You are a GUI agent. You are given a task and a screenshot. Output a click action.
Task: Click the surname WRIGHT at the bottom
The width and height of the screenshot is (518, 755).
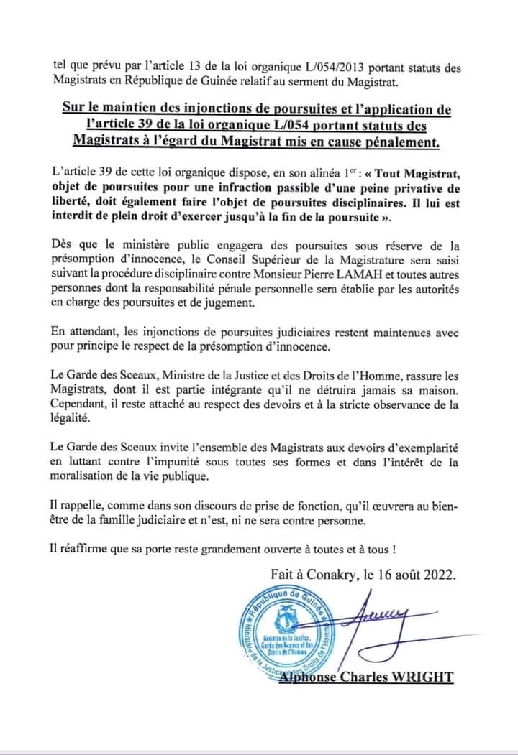[x=422, y=677]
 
